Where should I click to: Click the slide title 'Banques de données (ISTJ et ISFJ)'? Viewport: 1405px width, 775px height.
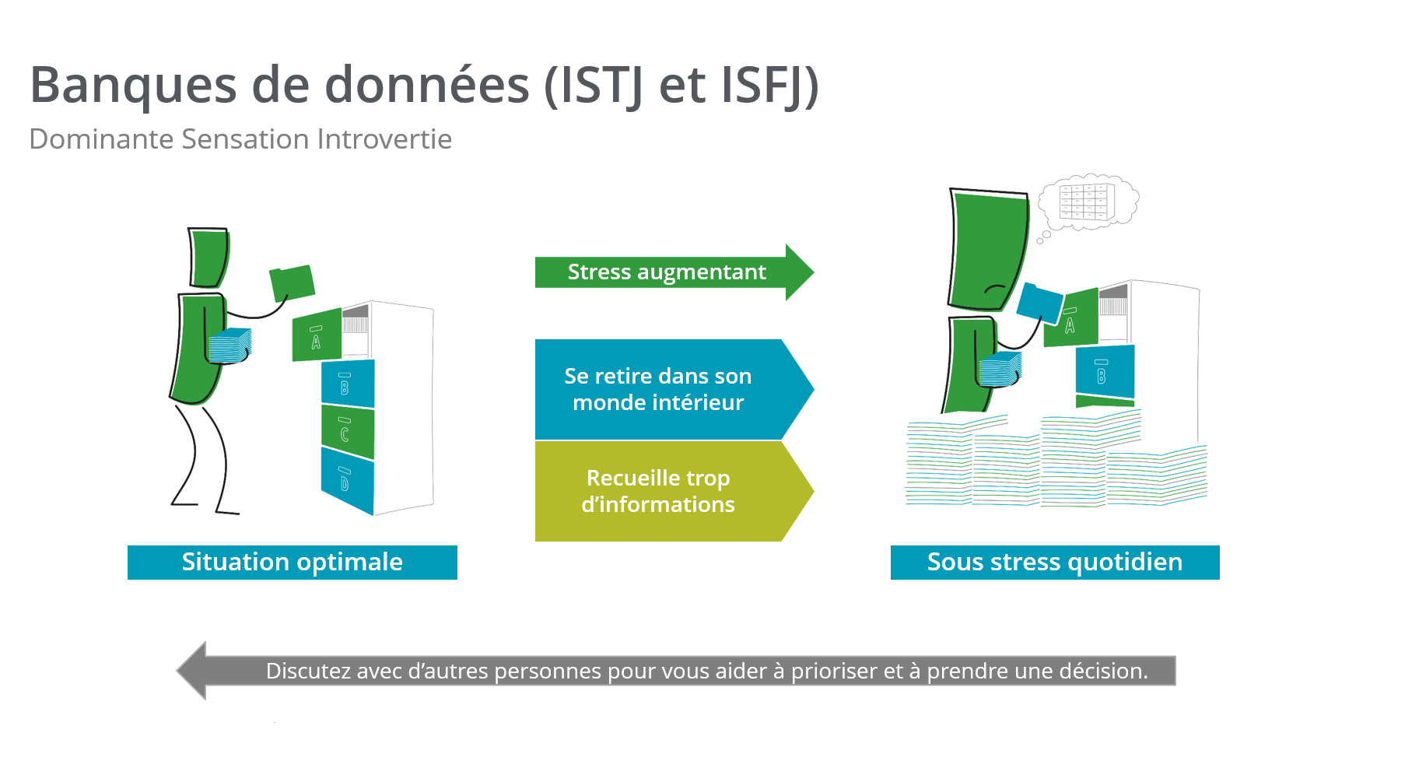[x=424, y=86]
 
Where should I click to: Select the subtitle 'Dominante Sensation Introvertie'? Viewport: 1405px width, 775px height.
[x=240, y=139]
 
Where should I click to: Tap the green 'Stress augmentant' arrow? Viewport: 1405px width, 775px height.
[x=674, y=272]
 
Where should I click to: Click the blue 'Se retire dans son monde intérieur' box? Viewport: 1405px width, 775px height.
[x=674, y=389]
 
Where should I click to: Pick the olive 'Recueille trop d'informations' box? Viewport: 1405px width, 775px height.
[x=674, y=491]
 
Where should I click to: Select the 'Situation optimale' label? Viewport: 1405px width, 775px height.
[x=293, y=563]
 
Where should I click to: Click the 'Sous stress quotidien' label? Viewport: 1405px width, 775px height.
[x=1055, y=563]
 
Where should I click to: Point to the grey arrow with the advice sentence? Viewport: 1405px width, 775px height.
[x=675, y=671]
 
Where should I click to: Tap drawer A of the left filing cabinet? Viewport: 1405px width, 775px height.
[x=317, y=335]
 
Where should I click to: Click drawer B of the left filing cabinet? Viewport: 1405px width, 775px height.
[x=348, y=384]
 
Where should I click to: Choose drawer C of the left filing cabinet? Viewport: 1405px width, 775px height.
[x=348, y=432]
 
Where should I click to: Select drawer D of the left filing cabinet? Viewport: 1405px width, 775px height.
[x=348, y=480]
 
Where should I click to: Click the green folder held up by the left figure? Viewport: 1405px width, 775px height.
[x=292, y=284]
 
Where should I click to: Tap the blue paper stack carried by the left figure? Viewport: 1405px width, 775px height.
[x=229, y=346]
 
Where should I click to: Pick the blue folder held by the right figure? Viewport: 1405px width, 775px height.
[x=1040, y=303]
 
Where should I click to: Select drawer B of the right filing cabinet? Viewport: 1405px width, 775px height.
[x=1105, y=372]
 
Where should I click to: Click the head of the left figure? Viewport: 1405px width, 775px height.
[x=208, y=258]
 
